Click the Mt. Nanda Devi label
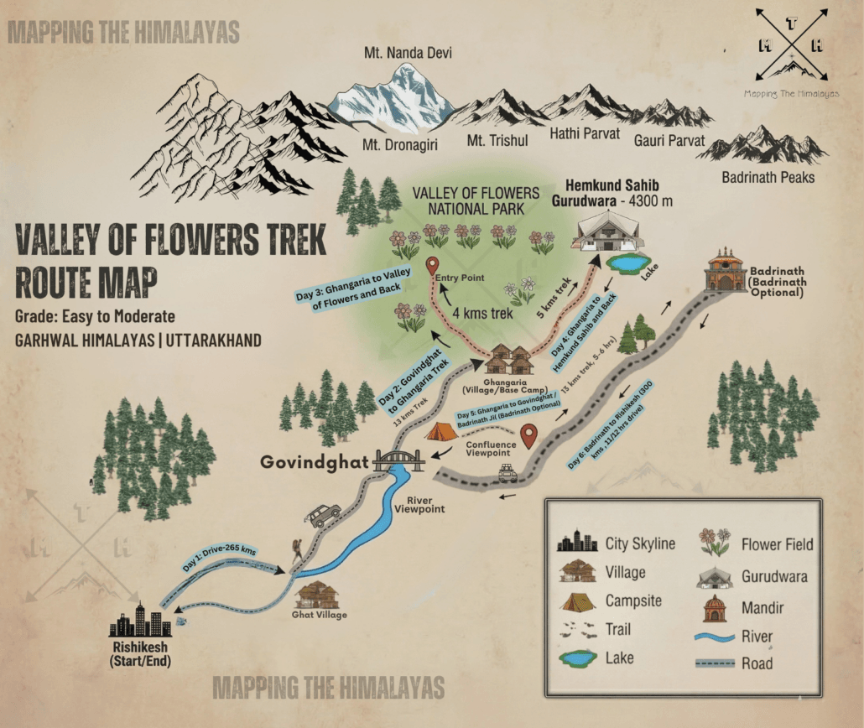408,54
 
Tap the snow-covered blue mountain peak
393,101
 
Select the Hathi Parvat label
584,133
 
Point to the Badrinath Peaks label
768,177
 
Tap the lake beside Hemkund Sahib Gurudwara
627,263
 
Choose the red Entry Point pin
433,267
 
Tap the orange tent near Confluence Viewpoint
441,431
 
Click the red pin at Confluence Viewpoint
528,436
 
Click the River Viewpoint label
419,502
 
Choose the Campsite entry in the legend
632,601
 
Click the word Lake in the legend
618,658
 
